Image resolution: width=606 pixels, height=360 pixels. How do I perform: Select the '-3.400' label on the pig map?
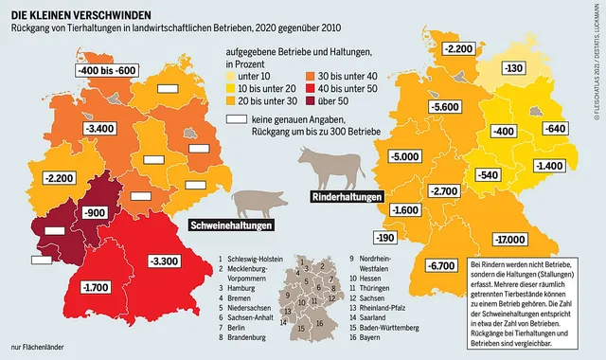coord(98,128)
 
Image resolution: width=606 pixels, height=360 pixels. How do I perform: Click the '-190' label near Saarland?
coord(385,237)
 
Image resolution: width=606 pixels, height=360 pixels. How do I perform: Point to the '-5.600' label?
coord(441,135)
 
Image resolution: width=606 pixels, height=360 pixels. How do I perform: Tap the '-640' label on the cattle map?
coord(557,129)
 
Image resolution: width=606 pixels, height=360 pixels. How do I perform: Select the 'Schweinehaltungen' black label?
coord(233,227)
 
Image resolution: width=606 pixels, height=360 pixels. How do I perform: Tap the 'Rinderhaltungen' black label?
coord(347,197)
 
